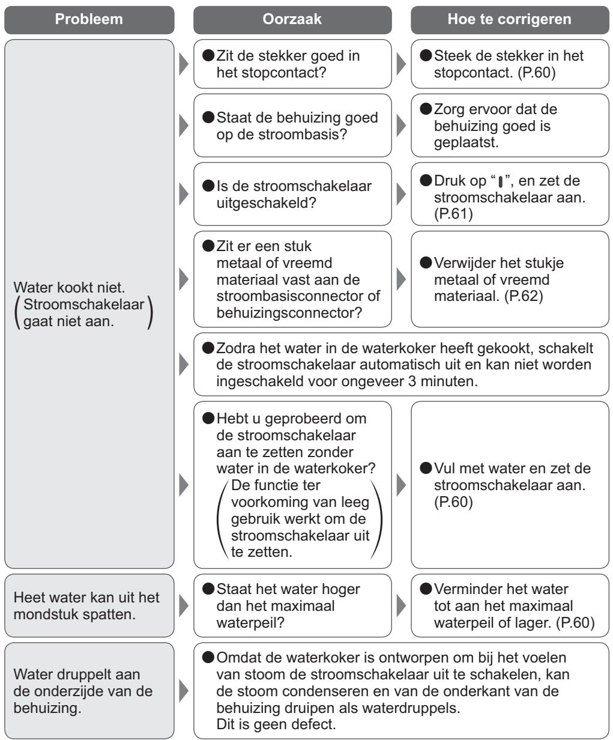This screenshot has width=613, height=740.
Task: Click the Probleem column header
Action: tap(89, 20)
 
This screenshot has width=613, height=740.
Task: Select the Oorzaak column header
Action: tap(292, 20)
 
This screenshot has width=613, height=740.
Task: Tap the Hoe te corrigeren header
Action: tap(510, 20)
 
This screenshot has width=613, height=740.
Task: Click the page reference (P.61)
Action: tap(453, 214)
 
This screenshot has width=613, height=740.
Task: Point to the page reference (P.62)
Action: tap(524, 296)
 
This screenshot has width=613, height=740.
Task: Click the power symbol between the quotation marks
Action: tap(500, 182)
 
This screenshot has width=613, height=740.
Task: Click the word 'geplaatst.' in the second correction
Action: tap(467, 142)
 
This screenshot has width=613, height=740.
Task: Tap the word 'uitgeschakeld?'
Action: tap(266, 203)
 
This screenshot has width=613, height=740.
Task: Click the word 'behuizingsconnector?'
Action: tap(289, 313)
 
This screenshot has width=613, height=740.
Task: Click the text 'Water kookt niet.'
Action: tap(69, 288)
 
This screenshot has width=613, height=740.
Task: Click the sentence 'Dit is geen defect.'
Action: tap(276, 724)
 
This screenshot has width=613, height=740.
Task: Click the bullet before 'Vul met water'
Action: tap(426, 468)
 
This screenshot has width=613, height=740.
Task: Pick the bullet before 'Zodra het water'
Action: tap(208, 348)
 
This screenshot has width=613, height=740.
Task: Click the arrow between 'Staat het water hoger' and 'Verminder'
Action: tap(400, 605)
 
